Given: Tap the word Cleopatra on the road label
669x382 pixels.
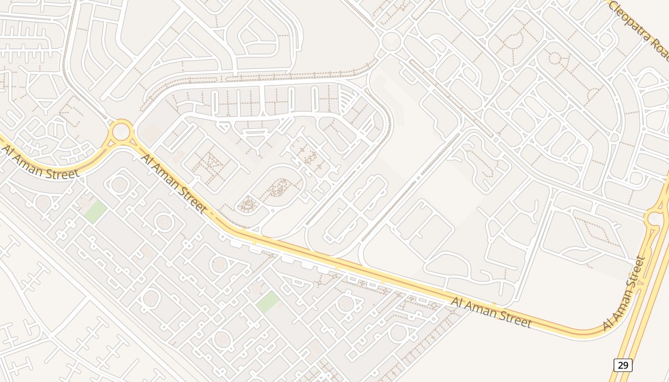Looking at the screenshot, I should (x=630, y=22).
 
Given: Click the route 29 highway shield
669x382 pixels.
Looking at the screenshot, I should (x=623, y=365).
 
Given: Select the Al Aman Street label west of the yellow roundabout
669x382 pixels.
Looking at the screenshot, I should (x=40, y=163).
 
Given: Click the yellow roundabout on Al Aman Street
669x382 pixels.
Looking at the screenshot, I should (x=121, y=131).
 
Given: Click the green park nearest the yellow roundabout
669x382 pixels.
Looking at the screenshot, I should (x=96, y=212).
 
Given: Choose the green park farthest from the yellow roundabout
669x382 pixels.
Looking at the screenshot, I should (x=268, y=302).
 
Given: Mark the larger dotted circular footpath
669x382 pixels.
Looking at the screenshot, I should (x=514, y=40).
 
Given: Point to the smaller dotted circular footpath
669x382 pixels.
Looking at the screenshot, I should (x=555, y=58).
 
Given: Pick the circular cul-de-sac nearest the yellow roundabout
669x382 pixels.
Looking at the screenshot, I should (x=119, y=184).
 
